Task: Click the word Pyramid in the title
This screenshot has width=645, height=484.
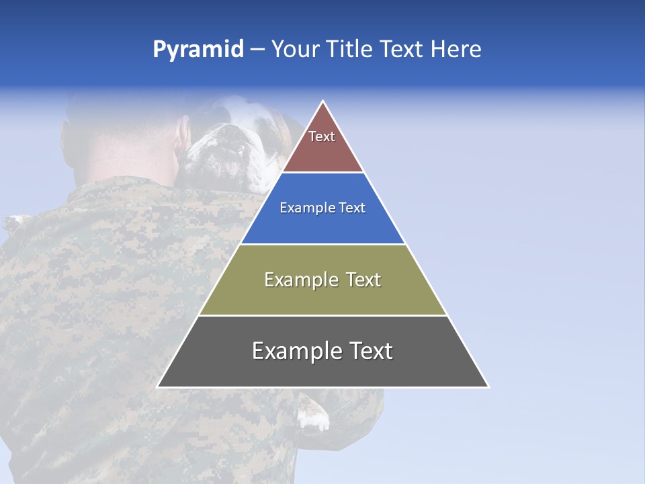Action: (x=198, y=50)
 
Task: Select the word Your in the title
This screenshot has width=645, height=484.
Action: (x=295, y=50)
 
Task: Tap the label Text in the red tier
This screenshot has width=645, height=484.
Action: (x=322, y=136)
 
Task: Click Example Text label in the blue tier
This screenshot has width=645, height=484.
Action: (x=322, y=208)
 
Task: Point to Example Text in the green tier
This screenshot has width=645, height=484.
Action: (x=322, y=280)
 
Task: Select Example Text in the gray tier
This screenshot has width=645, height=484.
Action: (x=322, y=351)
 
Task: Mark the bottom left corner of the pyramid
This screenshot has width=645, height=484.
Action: (x=158, y=387)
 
